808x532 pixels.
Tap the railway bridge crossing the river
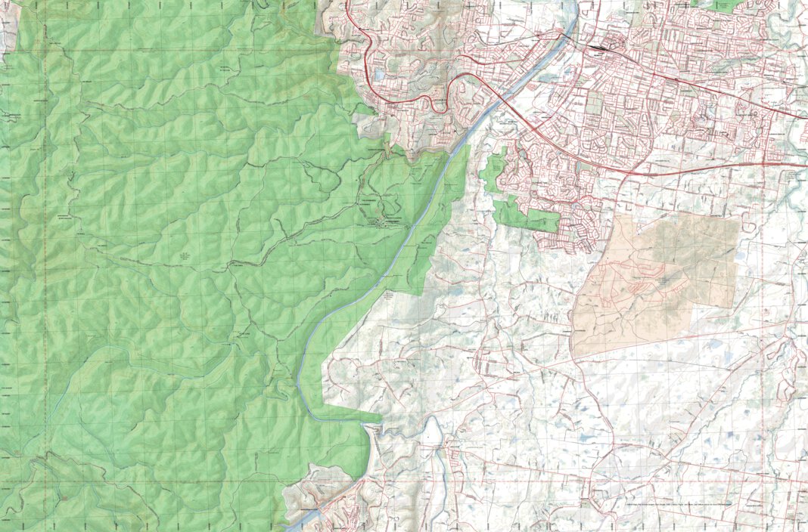click(566, 35)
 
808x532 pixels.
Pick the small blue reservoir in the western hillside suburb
click(378, 76)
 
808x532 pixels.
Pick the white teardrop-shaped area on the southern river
click(433, 432)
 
